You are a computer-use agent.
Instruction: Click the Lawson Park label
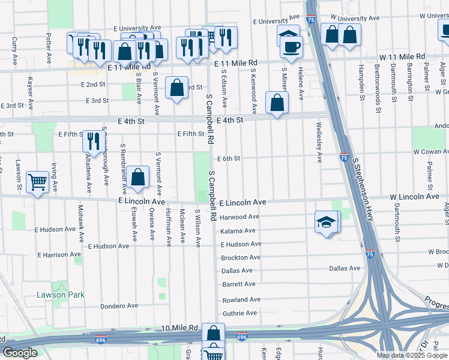pyautogui.click(x=61, y=295)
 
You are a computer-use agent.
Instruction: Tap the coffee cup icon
pyautogui.click(x=292, y=47)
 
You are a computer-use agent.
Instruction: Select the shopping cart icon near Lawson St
pyautogui.click(x=37, y=182)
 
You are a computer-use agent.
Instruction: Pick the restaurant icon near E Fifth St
pyautogui.click(x=92, y=142)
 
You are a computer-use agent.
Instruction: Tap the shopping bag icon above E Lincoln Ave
pyautogui.click(x=138, y=177)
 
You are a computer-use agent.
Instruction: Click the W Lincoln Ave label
pyautogui.click(x=414, y=196)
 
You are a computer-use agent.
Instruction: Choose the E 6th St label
pyautogui.click(x=230, y=158)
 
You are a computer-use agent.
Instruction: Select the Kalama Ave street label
pyautogui.click(x=238, y=231)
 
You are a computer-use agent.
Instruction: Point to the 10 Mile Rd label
pyautogui.click(x=179, y=328)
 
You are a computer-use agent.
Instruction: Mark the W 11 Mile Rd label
pyautogui.click(x=402, y=56)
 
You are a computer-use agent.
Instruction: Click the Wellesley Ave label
pyautogui.click(x=320, y=148)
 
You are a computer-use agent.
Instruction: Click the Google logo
pyautogui.click(x=20, y=353)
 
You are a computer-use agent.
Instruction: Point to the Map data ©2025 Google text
pyautogui.click(x=412, y=355)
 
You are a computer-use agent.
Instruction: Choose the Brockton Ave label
pyautogui.click(x=240, y=257)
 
